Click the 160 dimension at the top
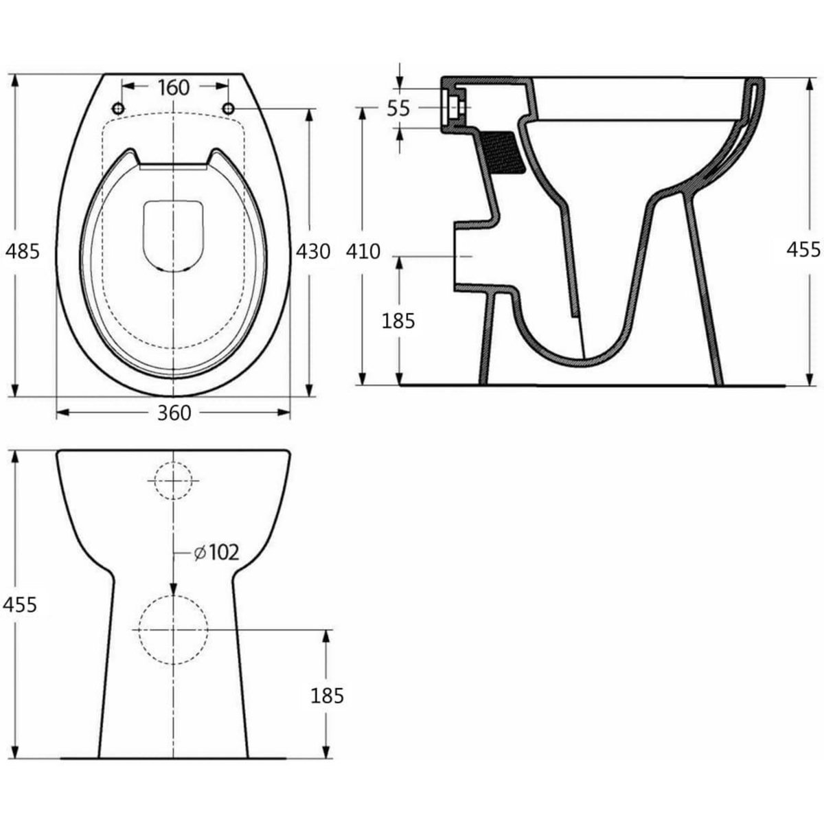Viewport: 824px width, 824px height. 173,87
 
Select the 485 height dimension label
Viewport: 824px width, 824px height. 21,251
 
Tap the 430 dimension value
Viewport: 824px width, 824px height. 312,251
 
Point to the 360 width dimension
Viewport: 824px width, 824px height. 173,413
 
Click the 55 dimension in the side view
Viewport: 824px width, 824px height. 398,108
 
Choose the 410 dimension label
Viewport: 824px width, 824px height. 363,251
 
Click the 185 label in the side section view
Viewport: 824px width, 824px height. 398,320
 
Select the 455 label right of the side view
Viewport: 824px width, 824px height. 803,249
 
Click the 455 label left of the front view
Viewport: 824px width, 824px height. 20,604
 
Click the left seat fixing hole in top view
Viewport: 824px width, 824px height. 117,108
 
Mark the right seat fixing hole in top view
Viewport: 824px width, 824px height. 228,108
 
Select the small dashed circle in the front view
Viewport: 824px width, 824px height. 174,480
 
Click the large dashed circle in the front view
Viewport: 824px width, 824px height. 173,630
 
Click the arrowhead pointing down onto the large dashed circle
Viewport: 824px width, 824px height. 173,588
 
